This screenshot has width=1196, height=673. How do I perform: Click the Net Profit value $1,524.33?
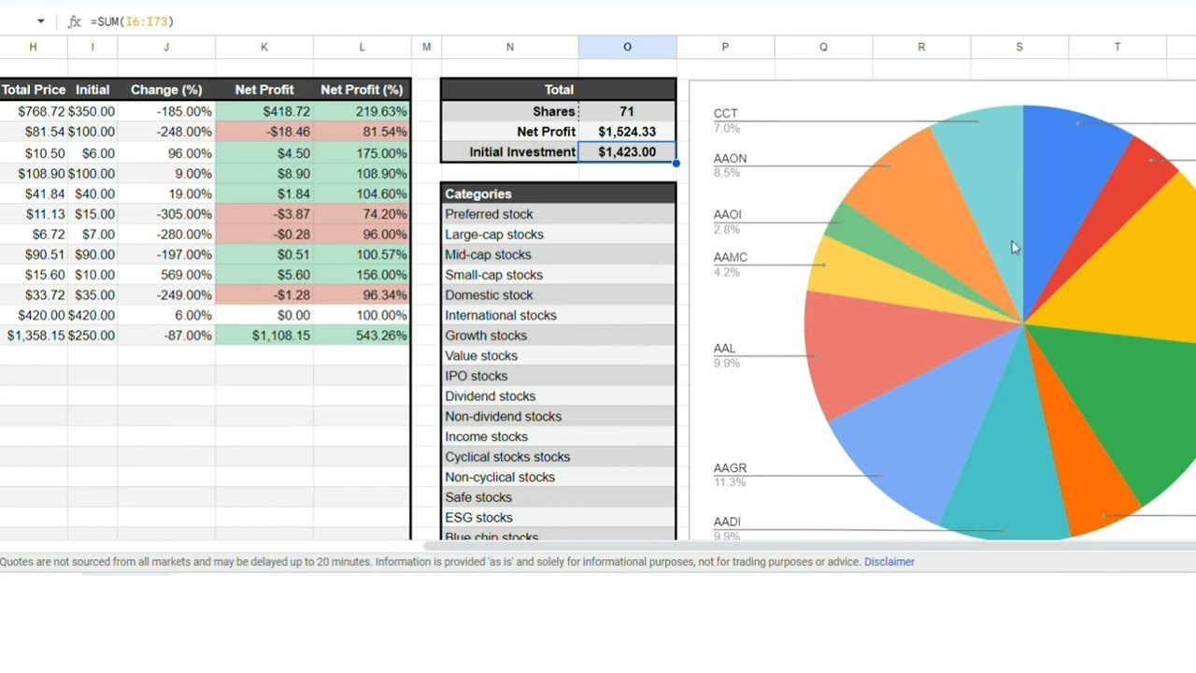(627, 132)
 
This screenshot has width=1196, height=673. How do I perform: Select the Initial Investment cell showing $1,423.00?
(627, 152)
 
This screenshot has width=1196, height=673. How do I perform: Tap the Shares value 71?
(627, 111)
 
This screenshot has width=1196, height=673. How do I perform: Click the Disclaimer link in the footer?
(889, 562)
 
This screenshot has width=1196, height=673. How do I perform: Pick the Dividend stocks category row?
(491, 396)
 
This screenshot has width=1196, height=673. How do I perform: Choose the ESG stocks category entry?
(478, 518)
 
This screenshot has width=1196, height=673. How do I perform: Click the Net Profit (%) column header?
(362, 90)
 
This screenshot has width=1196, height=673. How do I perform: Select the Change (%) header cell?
(166, 90)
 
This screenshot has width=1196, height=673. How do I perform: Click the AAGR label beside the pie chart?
(730, 468)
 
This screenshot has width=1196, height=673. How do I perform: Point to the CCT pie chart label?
(725, 114)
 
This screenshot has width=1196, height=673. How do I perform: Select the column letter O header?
(627, 47)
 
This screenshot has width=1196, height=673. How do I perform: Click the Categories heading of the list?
(478, 193)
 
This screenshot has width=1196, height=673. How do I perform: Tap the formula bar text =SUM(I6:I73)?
(132, 21)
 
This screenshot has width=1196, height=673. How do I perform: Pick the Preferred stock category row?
(489, 214)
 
